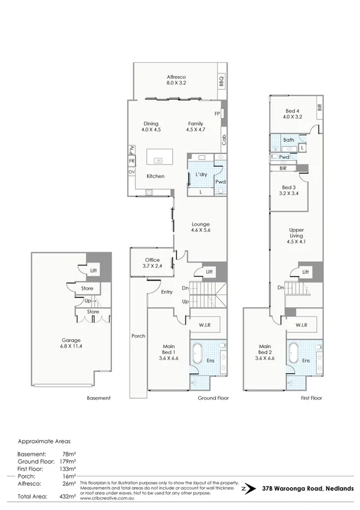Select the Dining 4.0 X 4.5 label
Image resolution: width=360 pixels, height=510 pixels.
[151, 126]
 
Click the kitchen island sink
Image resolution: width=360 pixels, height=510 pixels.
[159, 161]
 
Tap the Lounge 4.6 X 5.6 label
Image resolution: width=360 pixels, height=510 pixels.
[200, 226]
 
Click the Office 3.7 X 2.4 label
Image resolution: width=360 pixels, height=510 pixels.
[152, 263]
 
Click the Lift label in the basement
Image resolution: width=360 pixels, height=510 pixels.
[93, 271]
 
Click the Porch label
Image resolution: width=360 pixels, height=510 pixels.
[138, 336]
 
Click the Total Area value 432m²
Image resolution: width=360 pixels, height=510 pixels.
[67, 496]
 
